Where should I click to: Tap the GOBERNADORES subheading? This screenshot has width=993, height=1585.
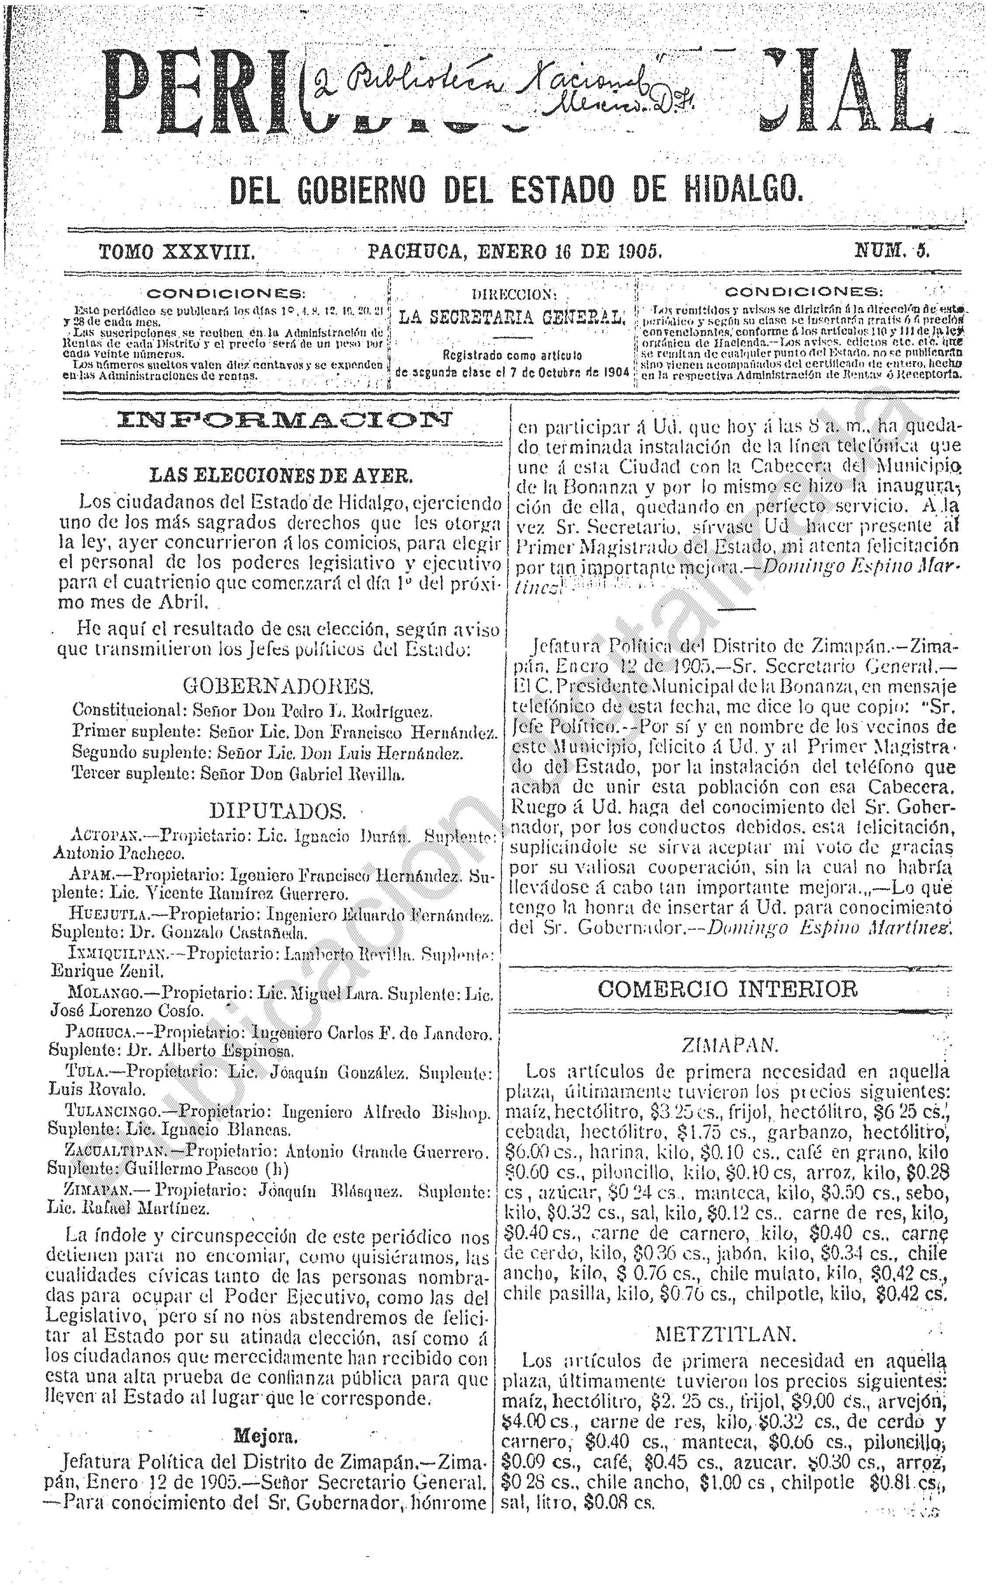278,686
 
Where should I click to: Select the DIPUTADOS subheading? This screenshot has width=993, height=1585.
277,812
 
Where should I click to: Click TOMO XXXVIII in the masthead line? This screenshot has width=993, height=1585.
177,252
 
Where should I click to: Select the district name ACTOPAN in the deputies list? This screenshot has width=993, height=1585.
104,837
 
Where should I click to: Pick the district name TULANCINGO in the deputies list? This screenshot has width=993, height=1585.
111,1112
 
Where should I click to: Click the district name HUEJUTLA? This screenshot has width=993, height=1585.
107,916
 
